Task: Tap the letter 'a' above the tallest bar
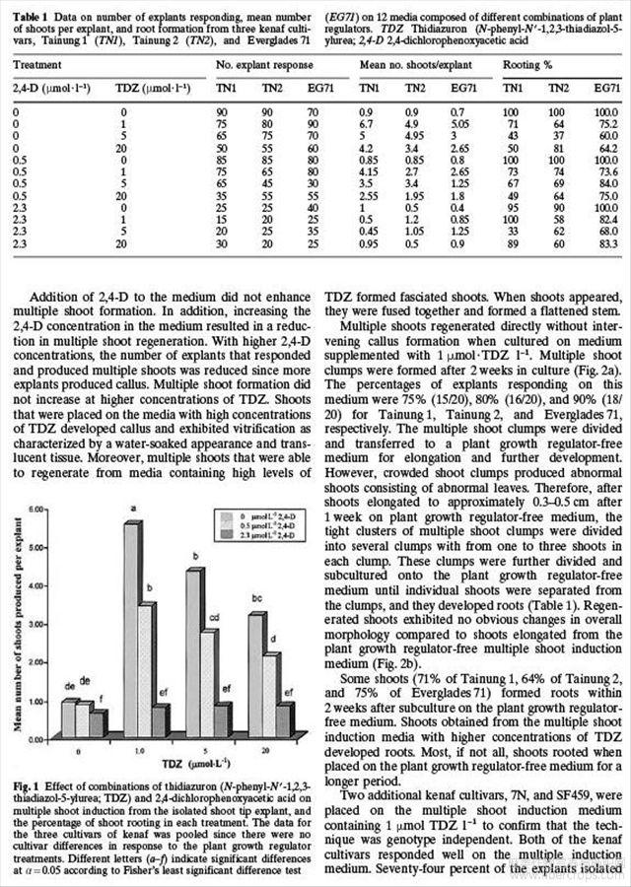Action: click(131, 510)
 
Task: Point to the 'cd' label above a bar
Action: click(213, 619)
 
